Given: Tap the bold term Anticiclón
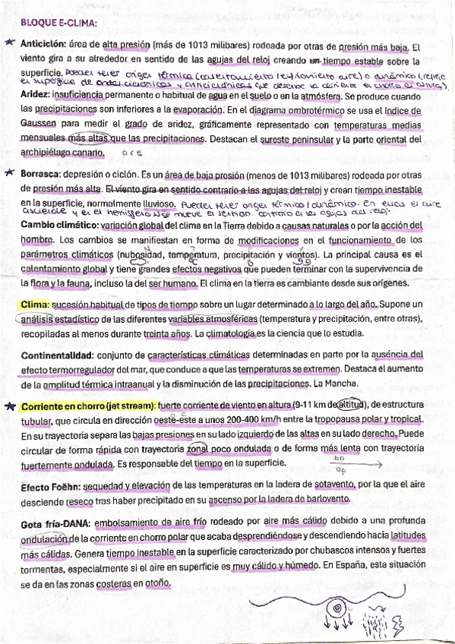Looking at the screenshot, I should coord(43,44).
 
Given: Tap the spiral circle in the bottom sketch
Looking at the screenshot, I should coord(333,607).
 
